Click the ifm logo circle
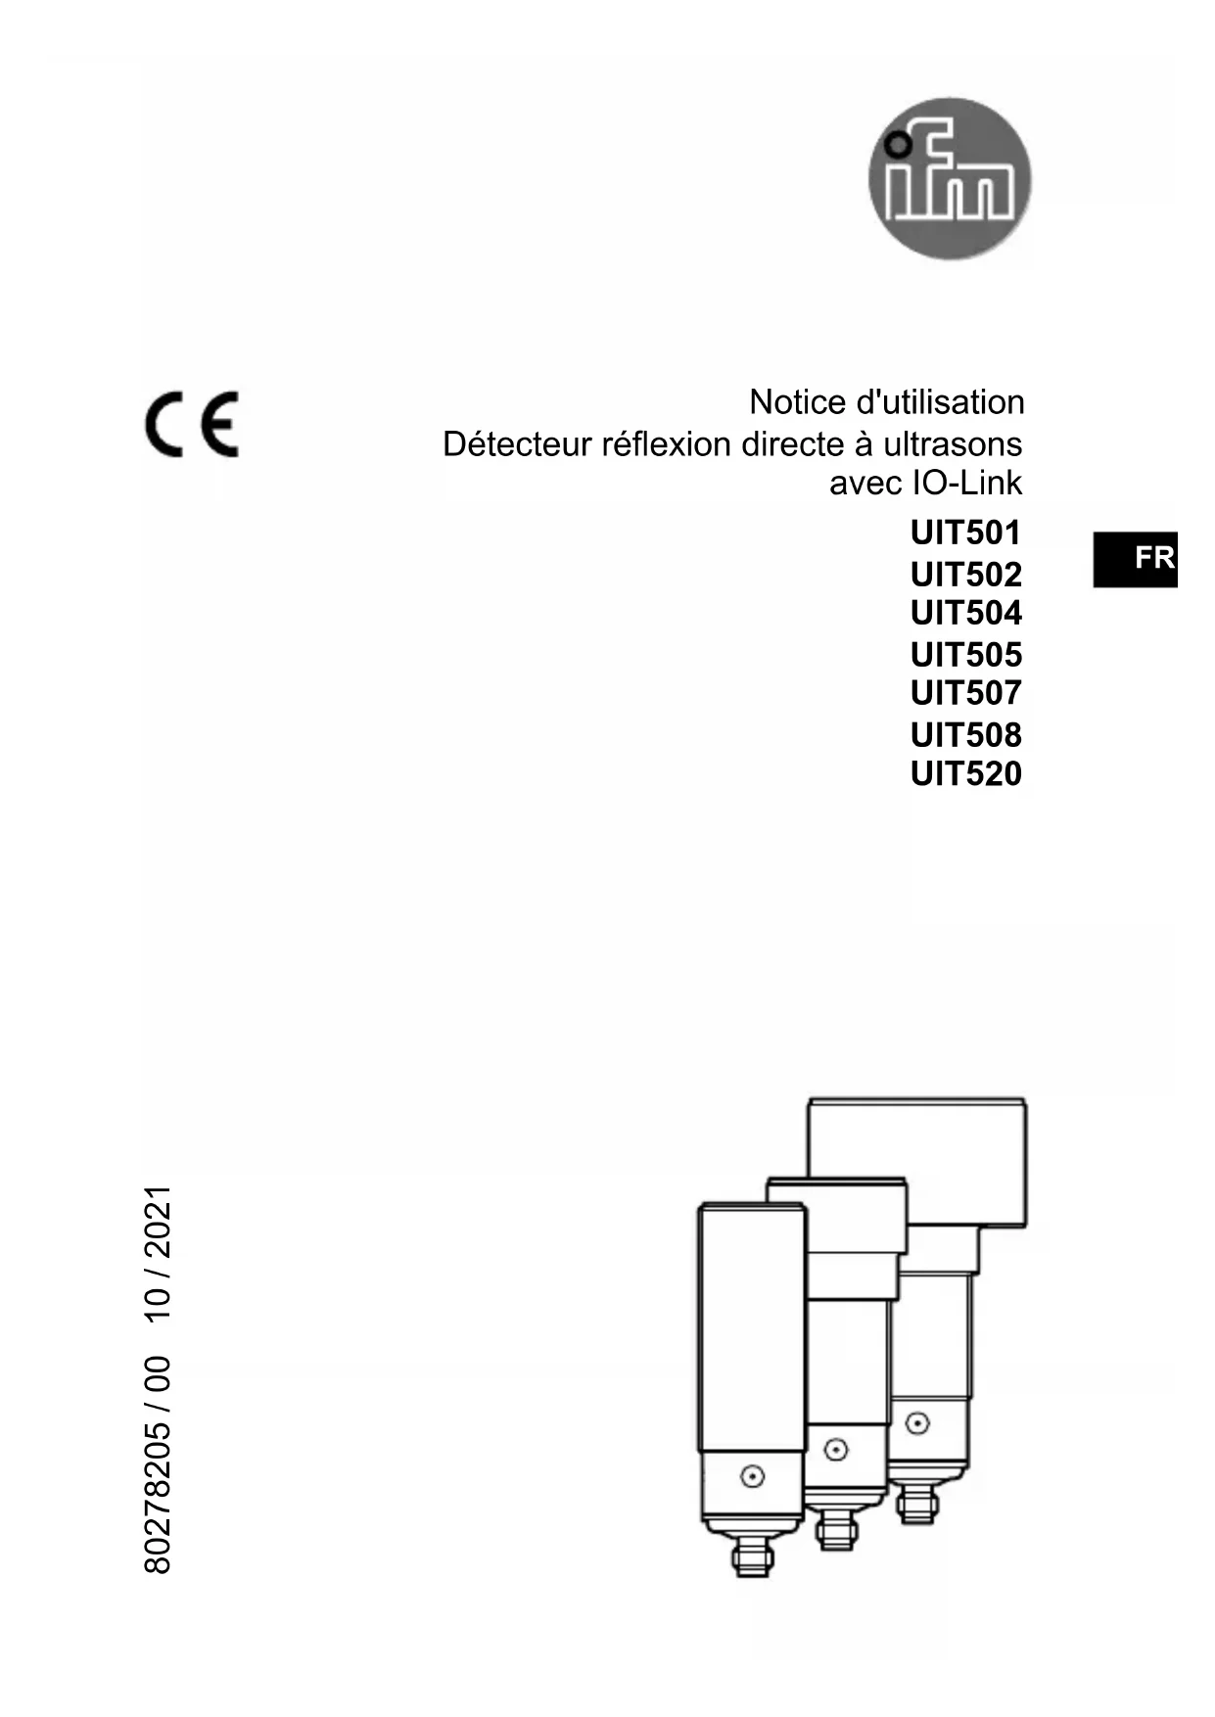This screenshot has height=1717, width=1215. (x=949, y=178)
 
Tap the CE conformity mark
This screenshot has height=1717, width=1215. (x=192, y=424)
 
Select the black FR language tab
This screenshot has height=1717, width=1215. (x=1136, y=559)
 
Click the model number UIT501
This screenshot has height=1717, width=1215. (x=965, y=534)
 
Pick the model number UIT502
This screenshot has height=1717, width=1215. (x=965, y=574)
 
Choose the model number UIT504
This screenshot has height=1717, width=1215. (x=965, y=614)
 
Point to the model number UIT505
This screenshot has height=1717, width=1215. (x=965, y=654)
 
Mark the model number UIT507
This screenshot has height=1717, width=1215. (x=965, y=693)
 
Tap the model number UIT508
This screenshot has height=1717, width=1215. (x=965, y=734)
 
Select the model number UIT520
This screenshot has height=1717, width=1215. (x=965, y=774)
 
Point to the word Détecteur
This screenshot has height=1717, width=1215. (x=517, y=444)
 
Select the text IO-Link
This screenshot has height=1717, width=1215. (x=967, y=483)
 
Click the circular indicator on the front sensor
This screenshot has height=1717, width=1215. (x=752, y=1476)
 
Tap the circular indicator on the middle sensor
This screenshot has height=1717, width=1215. (x=835, y=1450)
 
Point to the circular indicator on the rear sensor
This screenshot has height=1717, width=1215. (x=917, y=1422)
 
